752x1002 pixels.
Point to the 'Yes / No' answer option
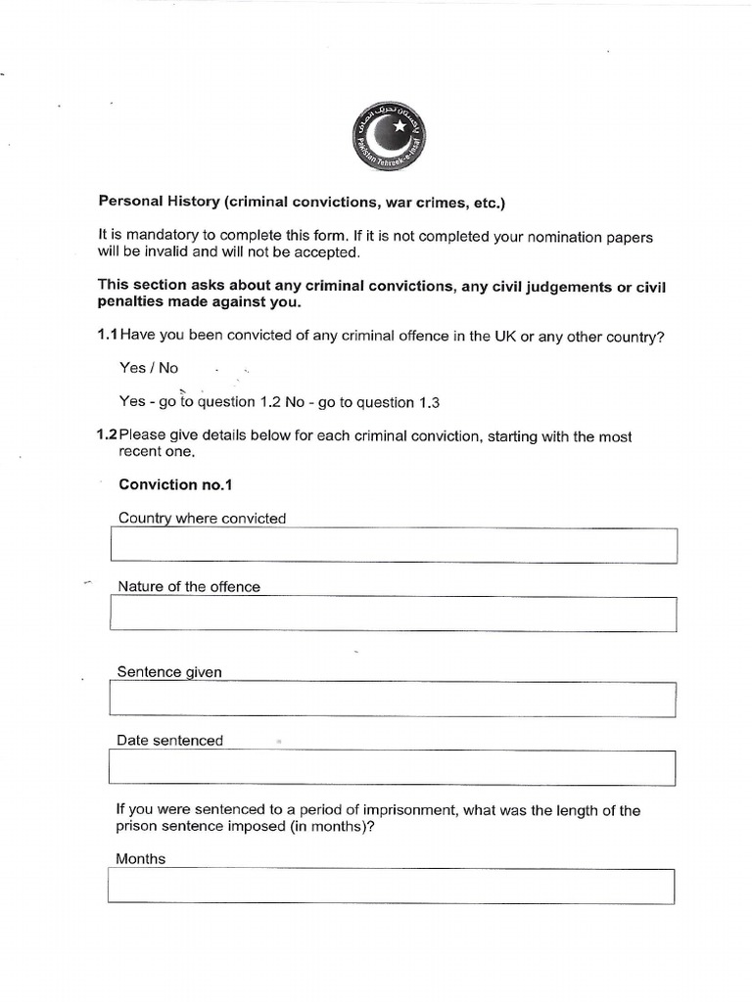[x=149, y=369]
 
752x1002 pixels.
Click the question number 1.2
[x=107, y=436]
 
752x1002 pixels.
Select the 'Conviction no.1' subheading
[x=175, y=484]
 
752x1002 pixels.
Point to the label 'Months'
[x=141, y=859]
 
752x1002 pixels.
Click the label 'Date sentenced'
[x=169, y=741]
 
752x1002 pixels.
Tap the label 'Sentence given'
[x=169, y=672]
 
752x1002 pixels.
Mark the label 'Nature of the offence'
[x=189, y=587]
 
